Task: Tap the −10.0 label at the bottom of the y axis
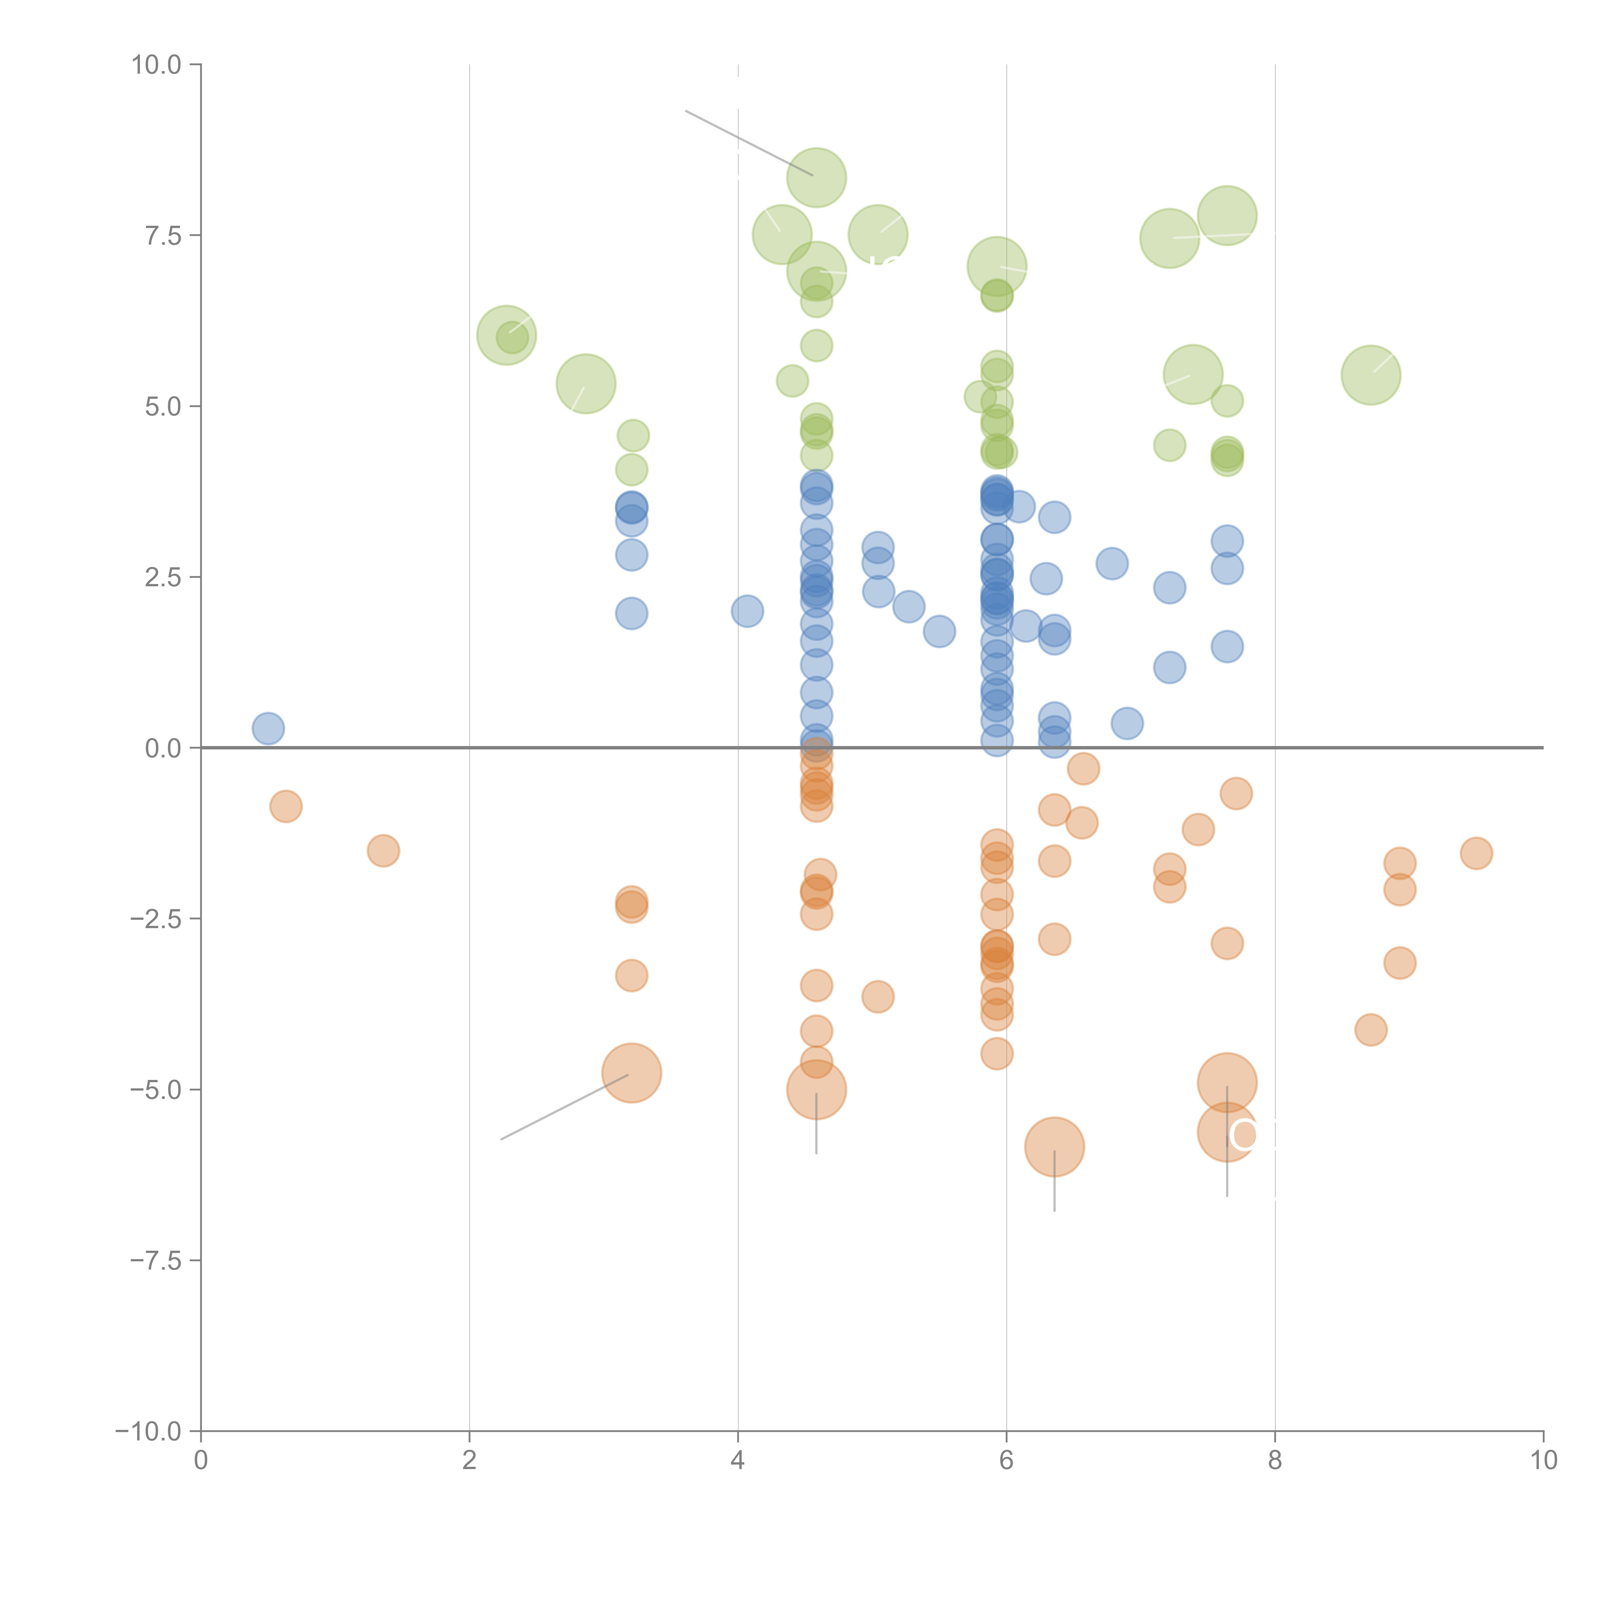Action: tap(148, 1431)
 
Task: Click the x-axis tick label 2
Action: tap(470, 1461)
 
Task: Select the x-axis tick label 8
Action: tap(1275, 1461)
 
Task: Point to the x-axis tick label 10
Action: tap(1543, 1461)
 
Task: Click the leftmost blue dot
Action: tap(268, 728)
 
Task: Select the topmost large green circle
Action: tap(817, 177)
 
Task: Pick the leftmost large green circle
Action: tap(506, 334)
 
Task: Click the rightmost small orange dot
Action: tap(1476, 853)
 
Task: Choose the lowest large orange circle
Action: tap(1055, 1147)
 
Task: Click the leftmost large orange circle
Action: tap(632, 1073)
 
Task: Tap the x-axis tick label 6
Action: tap(1006, 1461)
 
